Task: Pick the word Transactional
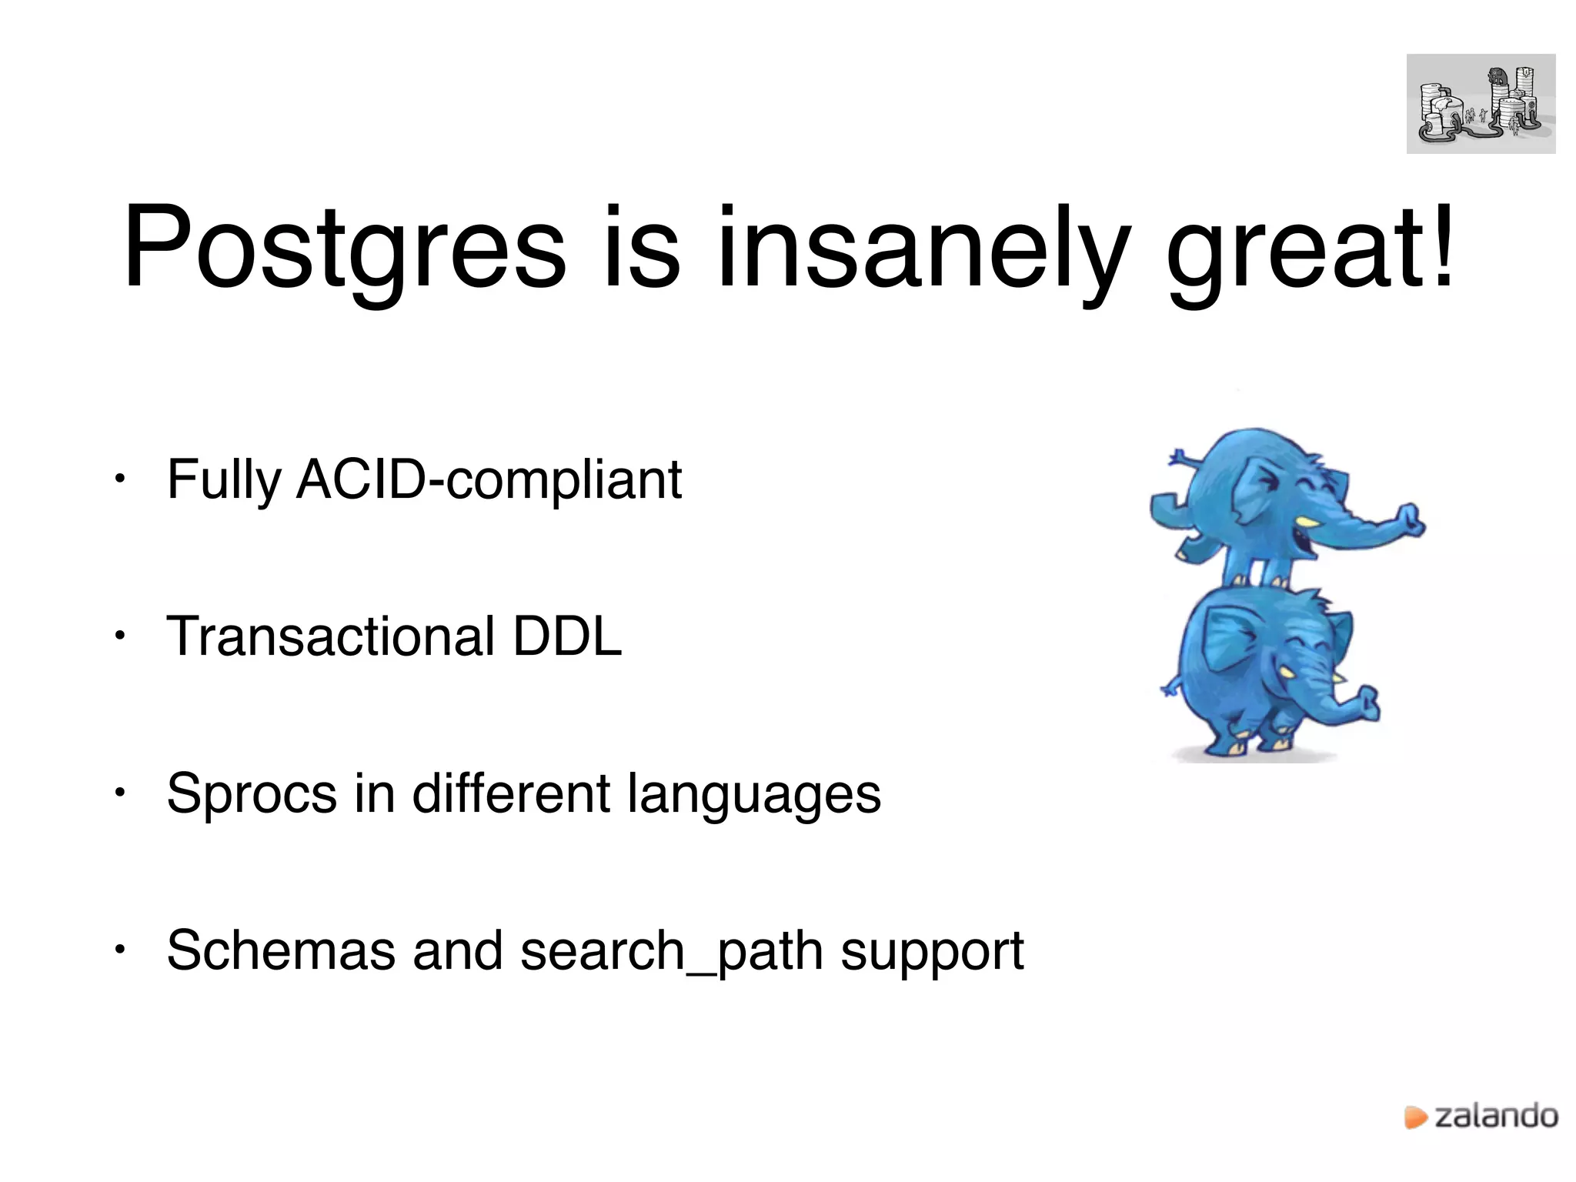(331, 636)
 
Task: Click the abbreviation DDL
(567, 636)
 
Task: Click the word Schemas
(280, 950)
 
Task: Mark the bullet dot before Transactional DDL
(119, 636)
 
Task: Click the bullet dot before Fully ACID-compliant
(119, 479)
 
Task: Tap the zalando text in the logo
(1496, 1116)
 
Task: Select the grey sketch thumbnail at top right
(1481, 104)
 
